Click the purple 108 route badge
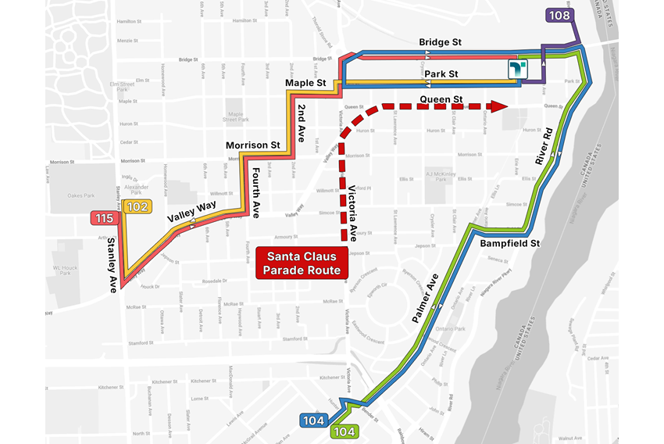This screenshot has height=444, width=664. tap(560, 15)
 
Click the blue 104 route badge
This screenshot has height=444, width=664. tap(314, 421)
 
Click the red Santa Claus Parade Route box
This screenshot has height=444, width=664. tap(304, 263)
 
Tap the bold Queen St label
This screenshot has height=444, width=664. tap(441, 99)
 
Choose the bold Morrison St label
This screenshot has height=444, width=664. tap(252, 145)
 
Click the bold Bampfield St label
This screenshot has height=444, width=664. tap(511, 244)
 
